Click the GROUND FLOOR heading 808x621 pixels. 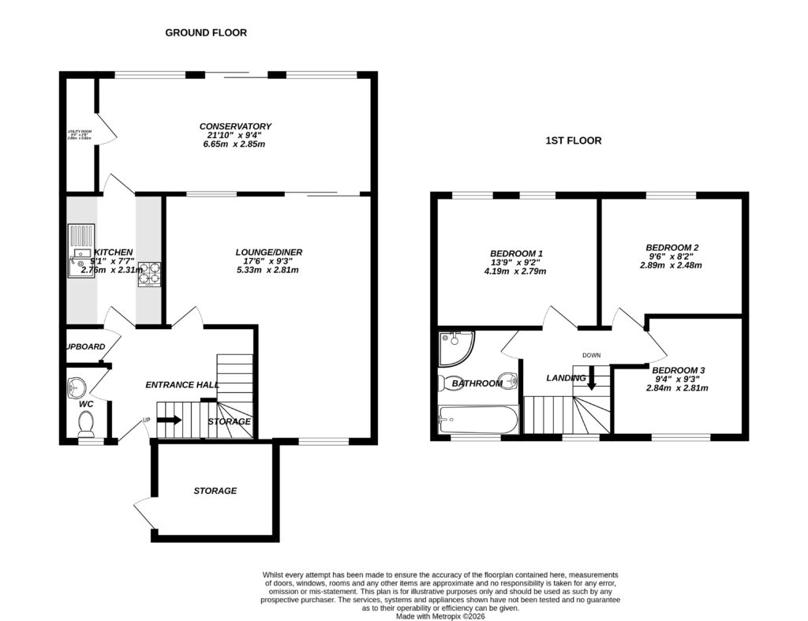click(x=205, y=33)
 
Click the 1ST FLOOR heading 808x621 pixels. click(x=574, y=141)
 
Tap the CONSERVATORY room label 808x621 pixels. click(x=235, y=126)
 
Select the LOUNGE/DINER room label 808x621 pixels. click(x=268, y=253)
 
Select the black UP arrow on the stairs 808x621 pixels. click(x=169, y=421)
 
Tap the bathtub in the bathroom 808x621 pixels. click(x=477, y=418)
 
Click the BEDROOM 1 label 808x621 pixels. click(x=516, y=253)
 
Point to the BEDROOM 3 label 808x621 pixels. click(x=678, y=370)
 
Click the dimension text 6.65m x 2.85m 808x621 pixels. click(x=235, y=144)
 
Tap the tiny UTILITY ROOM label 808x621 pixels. click(x=79, y=134)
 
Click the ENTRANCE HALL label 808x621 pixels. click(x=181, y=385)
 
